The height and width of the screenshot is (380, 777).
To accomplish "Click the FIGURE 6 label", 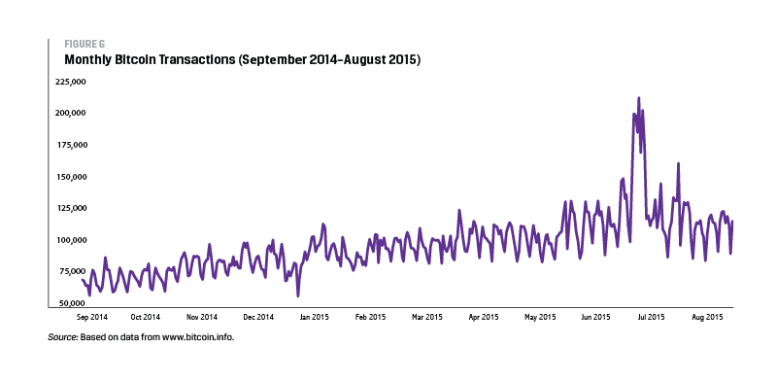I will click(84, 44).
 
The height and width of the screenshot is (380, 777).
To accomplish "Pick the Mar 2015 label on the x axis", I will click(427, 317).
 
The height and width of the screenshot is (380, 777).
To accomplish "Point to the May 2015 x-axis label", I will click(540, 317).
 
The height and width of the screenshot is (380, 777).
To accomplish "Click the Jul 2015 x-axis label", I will click(651, 317).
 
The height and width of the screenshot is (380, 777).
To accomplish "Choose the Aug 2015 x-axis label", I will click(708, 317).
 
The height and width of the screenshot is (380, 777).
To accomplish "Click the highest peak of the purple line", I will click(638, 98).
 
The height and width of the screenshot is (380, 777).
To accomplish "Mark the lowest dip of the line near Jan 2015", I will click(298, 295).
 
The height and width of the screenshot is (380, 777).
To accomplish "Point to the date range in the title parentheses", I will click(328, 60).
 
